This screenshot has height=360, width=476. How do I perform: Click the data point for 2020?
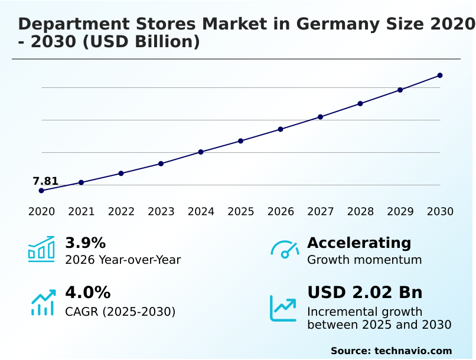[41, 191]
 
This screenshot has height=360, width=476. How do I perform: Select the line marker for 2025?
[240, 141]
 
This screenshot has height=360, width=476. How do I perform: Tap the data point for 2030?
[440, 76]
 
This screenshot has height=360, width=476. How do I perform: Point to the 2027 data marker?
[320, 117]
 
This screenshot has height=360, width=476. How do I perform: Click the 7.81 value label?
[45, 181]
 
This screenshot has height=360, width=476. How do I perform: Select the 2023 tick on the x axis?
[161, 212]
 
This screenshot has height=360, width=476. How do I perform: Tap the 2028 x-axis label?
[360, 212]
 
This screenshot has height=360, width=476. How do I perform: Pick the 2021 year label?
[81, 212]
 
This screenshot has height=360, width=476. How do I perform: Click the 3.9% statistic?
[85, 243]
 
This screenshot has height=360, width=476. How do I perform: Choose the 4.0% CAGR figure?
[87, 293]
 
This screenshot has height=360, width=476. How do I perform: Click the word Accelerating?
[359, 243]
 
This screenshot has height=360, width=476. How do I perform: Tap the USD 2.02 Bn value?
[365, 293]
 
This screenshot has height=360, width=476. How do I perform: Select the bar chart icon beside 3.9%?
[41, 249]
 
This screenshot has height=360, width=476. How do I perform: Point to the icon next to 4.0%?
[43, 303]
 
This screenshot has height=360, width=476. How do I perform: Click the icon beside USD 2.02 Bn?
[283, 307]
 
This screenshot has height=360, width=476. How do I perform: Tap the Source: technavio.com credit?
[391, 351]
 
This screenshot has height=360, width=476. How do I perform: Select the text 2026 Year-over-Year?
[123, 260]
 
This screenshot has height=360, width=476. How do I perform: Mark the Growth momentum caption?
[364, 260]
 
